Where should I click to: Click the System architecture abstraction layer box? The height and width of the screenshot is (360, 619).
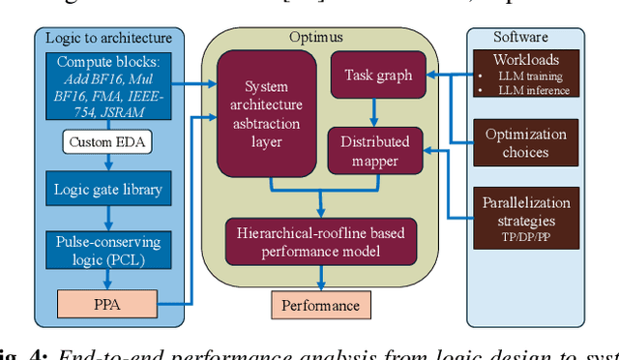266,113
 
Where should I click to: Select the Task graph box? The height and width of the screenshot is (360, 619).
377,75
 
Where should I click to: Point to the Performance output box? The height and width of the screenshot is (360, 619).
320,306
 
